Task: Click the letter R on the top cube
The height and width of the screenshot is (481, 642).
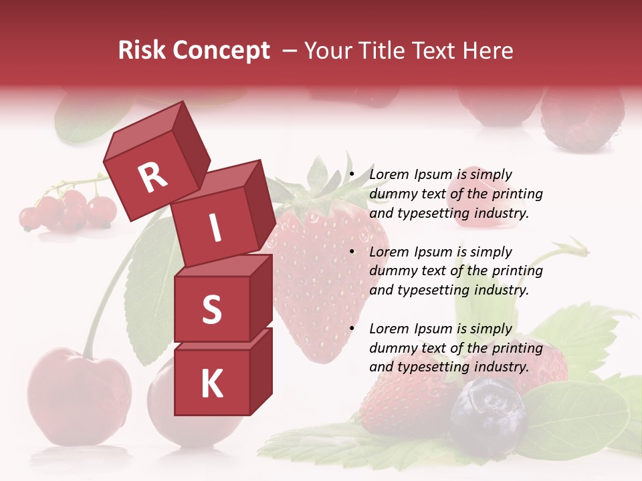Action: (152, 178)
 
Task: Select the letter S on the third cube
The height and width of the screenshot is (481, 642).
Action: (211, 309)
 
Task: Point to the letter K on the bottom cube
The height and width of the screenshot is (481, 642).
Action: (211, 384)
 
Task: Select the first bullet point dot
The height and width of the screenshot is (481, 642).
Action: (352, 175)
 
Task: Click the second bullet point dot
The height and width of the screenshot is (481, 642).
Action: (352, 252)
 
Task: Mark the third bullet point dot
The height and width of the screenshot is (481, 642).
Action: (352, 329)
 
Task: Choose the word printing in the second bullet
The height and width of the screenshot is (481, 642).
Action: (517, 271)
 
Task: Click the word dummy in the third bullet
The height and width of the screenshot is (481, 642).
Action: (393, 348)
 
